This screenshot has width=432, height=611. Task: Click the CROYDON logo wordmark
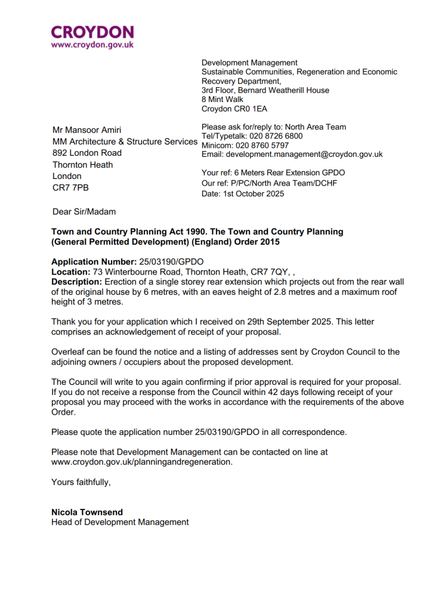point(92,32)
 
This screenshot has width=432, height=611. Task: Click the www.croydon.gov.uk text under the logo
point(92,45)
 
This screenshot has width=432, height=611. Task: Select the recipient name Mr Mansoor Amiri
point(87,130)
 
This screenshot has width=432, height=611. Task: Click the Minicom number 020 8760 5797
point(262,145)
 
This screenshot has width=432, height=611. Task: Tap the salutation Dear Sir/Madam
point(84,212)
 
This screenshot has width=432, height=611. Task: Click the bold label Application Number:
point(94,262)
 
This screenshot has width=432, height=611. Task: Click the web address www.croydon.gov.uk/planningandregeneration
point(142,462)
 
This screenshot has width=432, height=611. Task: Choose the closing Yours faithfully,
point(81,482)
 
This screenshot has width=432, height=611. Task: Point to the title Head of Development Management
point(120,522)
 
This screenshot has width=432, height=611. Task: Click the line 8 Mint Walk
point(222,100)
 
